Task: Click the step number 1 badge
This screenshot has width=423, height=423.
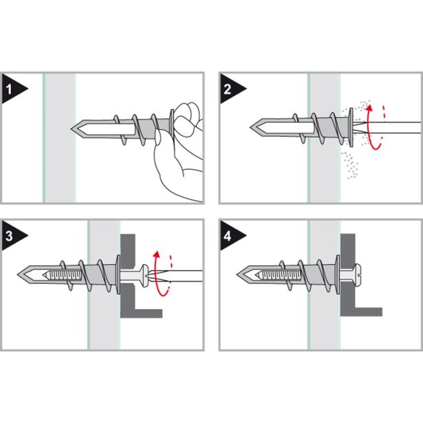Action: pyautogui.click(x=12, y=89)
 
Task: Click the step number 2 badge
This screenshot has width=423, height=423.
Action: pyautogui.click(x=230, y=89)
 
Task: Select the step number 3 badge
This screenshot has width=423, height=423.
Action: pyautogui.click(x=12, y=236)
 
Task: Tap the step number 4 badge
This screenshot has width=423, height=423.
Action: pyautogui.click(x=230, y=236)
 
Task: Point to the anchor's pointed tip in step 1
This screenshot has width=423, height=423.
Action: pyautogui.click(x=72, y=129)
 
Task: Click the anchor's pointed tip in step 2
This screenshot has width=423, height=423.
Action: pyautogui.click(x=250, y=127)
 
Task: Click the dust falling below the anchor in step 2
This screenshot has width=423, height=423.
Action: pyautogui.click(x=350, y=165)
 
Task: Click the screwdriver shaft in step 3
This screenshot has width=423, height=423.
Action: pyautogui.click(x=178, y=276)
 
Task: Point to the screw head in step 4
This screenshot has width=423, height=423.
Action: pyautogui.click(x=356, y=274)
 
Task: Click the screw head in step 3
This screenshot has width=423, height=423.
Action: pyautogui.click(x=144, y=275)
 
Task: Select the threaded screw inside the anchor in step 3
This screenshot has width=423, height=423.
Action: pyautogui.click(x=63, y=275)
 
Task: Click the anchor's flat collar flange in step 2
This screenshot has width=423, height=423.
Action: pyautogui.click(x=351, y=127)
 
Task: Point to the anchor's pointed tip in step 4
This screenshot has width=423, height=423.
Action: pyautogui.click(x=238, y=274)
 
